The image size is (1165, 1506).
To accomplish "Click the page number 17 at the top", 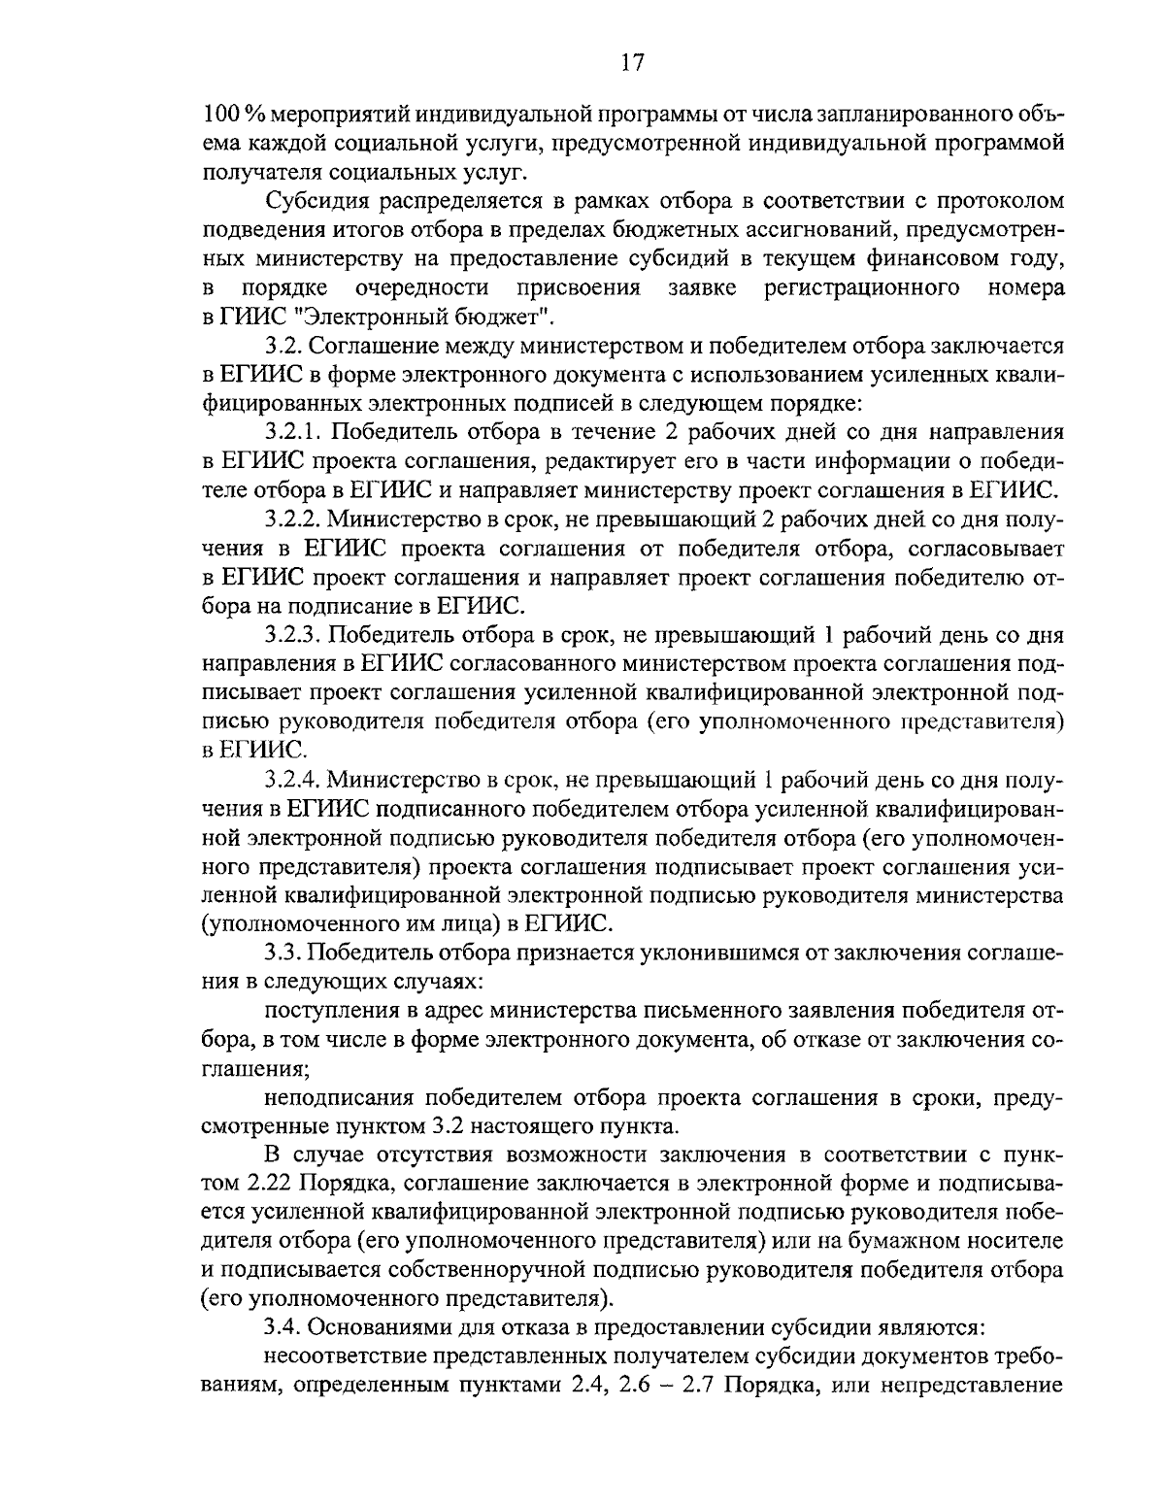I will (630, 63).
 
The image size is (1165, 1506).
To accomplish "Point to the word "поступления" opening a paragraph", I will (327, 1011).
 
